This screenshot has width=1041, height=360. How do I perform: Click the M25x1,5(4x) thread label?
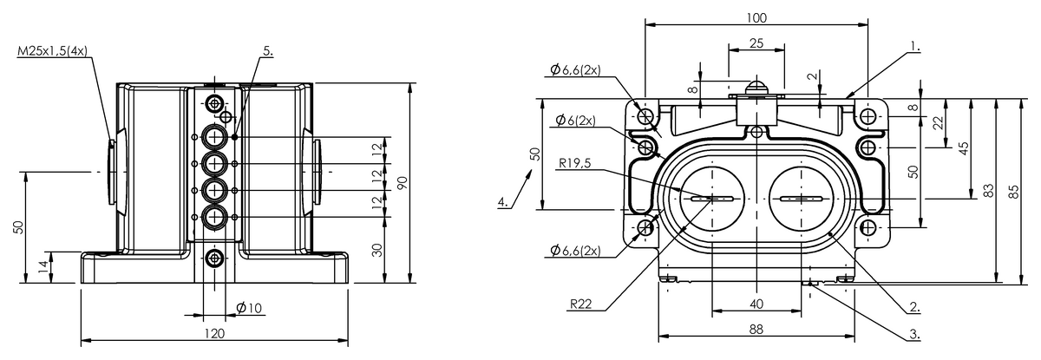pos(52,51)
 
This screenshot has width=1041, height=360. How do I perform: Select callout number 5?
pos(268,51)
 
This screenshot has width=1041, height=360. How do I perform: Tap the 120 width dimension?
pos(214,333)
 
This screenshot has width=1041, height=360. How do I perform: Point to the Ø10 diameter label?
pos(249,307)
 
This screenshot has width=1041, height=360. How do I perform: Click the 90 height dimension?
pos(403,182)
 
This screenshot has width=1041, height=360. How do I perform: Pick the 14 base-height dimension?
pos(43,266)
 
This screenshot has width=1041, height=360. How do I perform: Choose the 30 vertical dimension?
pos(378,250)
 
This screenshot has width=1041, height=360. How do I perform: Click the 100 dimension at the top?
pos(756,17)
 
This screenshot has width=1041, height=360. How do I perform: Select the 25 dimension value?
pos(756,43)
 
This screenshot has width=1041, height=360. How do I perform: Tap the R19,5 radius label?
pos(575,163)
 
